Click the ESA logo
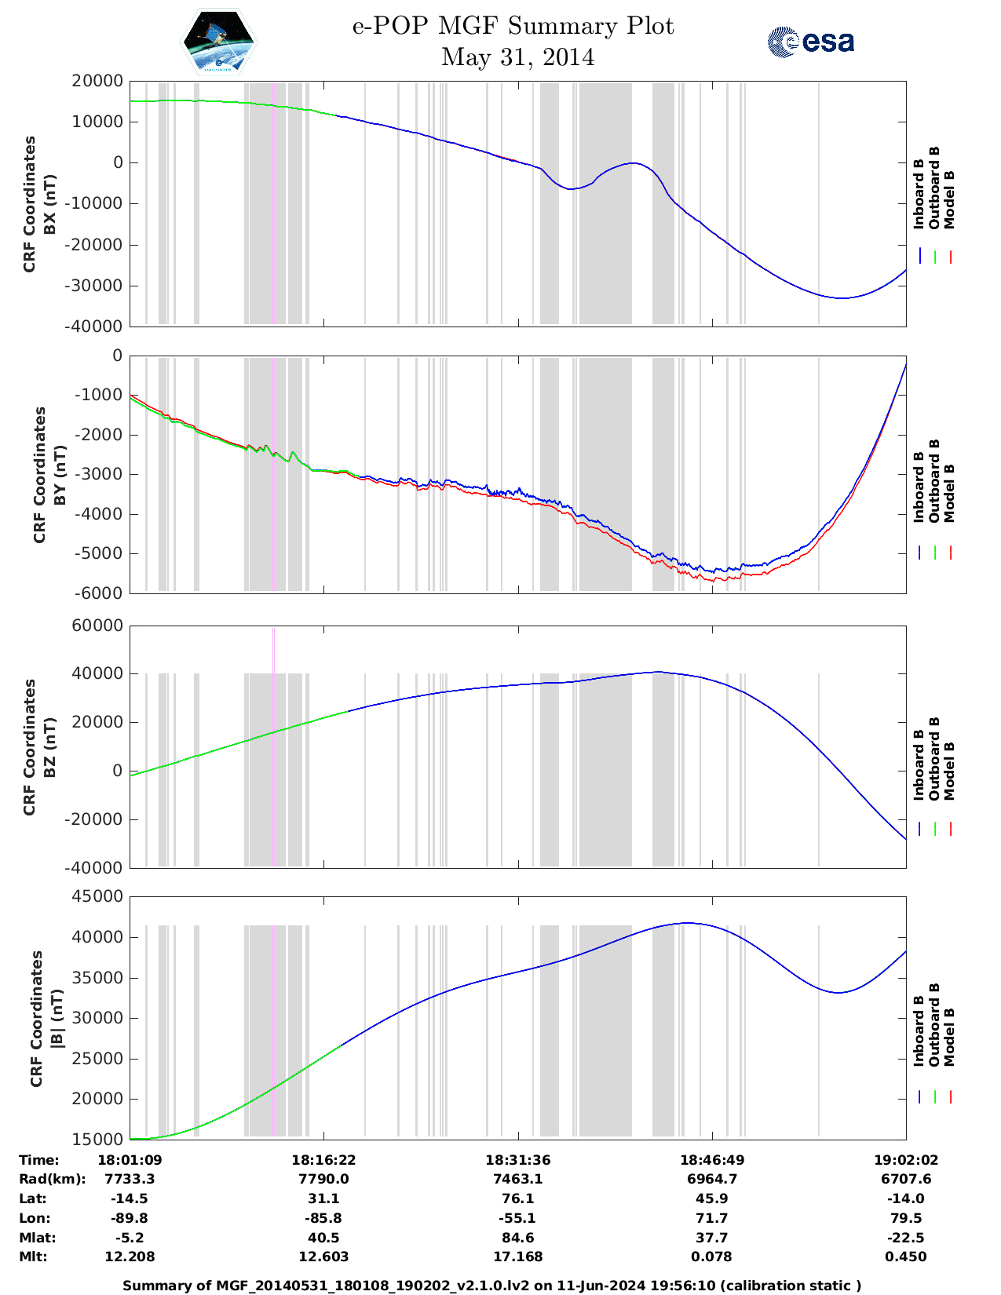coord(810,42)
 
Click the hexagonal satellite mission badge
coord(217,42)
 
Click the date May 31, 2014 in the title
coord(517,57)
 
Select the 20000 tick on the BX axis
coord(97,81)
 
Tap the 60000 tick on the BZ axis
coord(97,626)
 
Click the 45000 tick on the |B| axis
coord(97,896)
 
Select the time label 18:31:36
coord(517,1160)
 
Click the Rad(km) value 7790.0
coord(323,1179)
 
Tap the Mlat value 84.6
coord(517,1238)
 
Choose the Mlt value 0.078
coord(711,1257)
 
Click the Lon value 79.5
coord(906,1218)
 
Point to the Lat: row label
coord(33,1198)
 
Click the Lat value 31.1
coord(323,1198)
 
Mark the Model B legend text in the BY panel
coord(949,493)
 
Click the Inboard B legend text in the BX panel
coord(919,194)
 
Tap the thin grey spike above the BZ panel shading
coord(273,649)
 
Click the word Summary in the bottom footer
coord(155,1286)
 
